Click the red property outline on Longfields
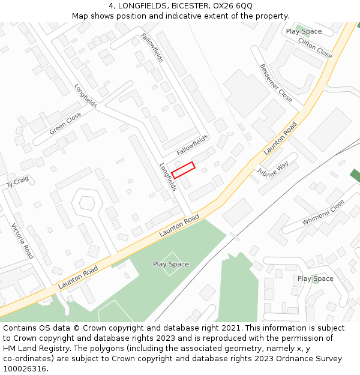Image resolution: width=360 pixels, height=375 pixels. (x=184, y=170)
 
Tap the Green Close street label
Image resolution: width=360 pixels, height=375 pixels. (x=65, y=123)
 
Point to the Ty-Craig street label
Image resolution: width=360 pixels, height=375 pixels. (x=17, y=181)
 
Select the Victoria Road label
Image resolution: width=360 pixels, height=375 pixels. (x=23, y=241)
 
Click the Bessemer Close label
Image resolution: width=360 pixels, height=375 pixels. (x=276, y=82)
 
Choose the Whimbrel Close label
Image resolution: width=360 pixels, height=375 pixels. (x=323, y=212)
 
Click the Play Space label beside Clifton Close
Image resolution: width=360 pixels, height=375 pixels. (x=304, y=31)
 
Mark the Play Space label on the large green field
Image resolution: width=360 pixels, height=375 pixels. (x=170, y=264)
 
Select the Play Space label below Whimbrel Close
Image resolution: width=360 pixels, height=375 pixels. (x=315, y=278)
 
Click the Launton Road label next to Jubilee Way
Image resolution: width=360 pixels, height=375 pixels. (x=280, y=139)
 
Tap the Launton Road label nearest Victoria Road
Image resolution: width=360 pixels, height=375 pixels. (x=78, y=278)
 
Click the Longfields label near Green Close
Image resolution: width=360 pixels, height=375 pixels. (x=86, y=95)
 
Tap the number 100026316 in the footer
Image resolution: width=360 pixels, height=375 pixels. (x=24, y=368)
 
